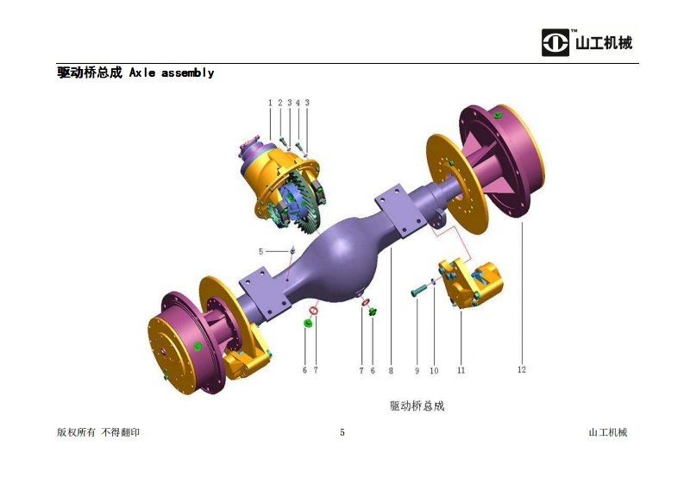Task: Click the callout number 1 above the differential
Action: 270,103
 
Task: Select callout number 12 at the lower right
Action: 522,369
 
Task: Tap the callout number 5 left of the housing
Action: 260,251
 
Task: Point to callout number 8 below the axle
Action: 391,370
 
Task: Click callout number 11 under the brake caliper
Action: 461,370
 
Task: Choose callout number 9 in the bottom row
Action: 417,370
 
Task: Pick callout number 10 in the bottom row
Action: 434,370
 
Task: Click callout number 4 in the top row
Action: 298,103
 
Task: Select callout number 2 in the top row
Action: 280,103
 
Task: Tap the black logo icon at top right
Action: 555,42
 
